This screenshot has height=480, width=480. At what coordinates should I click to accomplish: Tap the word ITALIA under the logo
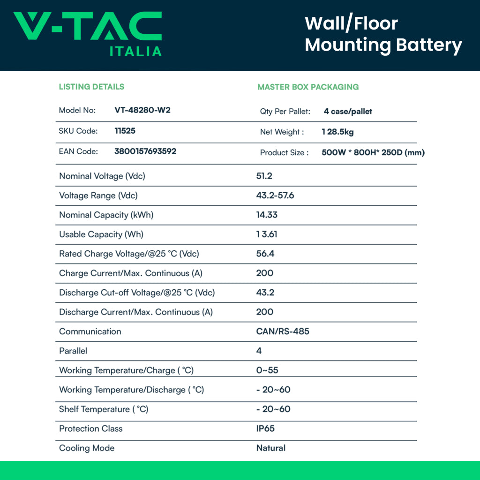[x=135, y=52]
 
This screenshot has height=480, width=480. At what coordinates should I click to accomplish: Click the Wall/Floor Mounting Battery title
[x=383, y=34]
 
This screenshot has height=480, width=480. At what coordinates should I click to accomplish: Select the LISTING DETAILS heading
[x=91, y=87]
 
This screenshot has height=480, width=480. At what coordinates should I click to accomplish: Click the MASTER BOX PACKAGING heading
[x=308, y=87]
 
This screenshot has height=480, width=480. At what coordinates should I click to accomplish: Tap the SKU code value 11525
[x=125, y=131]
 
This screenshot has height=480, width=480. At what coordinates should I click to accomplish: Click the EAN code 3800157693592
[x=145, y=151]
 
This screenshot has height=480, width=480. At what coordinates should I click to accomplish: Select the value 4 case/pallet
[x=348, y=112]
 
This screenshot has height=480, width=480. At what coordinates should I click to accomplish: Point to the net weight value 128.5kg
[x=337, y=132]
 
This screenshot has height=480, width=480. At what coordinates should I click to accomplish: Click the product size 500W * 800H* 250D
[x=373, y=153]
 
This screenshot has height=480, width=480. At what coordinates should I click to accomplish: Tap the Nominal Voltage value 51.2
[x=264, y=176]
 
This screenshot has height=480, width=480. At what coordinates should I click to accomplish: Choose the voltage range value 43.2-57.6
[x=275, y=195]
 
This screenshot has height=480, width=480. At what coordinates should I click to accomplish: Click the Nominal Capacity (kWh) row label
[x=106, y=215]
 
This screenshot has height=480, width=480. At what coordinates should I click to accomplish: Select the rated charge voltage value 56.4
[x=265, y=254]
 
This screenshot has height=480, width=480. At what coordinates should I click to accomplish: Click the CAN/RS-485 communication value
[x=282, y=331]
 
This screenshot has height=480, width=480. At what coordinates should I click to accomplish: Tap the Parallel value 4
[x=259, y=351]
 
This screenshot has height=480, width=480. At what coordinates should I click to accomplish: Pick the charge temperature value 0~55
[x=267, y=370]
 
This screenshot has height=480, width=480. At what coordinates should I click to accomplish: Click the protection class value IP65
[x=265, y=428]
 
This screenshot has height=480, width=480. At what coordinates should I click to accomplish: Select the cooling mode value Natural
[x=270, y=448]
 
